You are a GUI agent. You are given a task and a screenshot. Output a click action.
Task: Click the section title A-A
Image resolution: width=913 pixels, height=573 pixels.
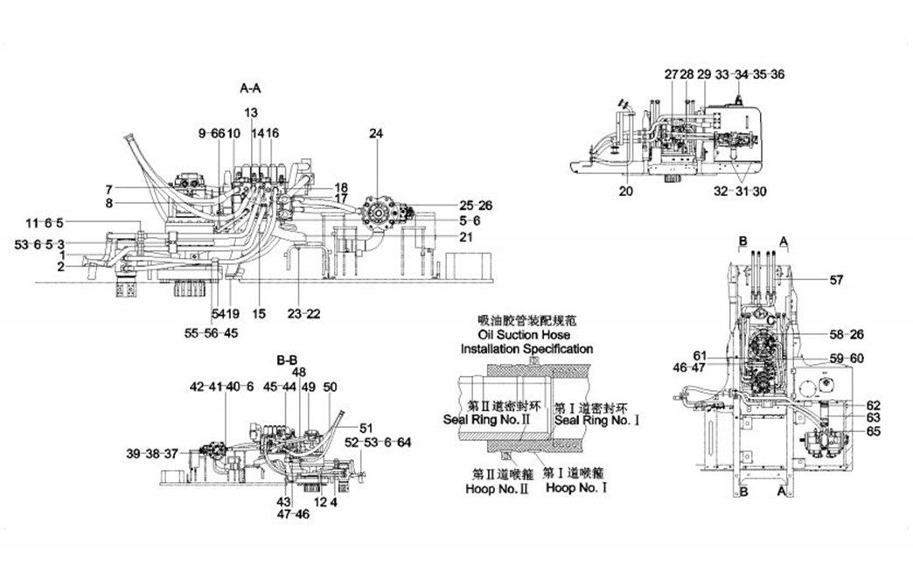[x=250, y=87]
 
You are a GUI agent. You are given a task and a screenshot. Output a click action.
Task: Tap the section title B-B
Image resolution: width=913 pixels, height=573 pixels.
[x=287, y=360]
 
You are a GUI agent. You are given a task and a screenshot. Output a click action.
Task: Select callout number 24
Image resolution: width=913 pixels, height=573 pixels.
[x=376, y=134]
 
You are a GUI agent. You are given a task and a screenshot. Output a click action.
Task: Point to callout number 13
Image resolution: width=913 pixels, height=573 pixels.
[x=251, y=112]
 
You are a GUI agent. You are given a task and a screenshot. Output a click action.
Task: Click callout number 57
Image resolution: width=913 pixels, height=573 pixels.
[x=837, y=280]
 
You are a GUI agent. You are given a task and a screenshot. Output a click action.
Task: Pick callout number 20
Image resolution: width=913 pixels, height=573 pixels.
[x=625, y=191]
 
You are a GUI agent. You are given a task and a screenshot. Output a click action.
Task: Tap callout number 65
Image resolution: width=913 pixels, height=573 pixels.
[x=874, y=430]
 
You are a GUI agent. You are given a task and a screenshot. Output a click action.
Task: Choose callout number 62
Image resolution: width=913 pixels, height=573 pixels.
[x=874, y=405]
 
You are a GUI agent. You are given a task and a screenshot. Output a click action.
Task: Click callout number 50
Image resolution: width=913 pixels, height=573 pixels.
[x=330, y=386]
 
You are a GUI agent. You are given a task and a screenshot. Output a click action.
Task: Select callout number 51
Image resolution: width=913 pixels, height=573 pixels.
[x=366, y=427]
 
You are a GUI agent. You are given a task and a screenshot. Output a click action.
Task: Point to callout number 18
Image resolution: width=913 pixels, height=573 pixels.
[x=341, y=187]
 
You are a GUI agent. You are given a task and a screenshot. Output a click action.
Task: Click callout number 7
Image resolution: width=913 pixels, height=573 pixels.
[x=108, y=189]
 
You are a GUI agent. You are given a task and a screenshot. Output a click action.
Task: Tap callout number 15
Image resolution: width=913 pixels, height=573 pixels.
[x=259, y=313]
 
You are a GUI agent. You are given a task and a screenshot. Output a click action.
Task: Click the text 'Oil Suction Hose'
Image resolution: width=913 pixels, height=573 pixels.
[x=524, y=335]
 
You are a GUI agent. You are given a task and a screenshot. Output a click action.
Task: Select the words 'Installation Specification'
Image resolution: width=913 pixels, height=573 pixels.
[x=526, y=348]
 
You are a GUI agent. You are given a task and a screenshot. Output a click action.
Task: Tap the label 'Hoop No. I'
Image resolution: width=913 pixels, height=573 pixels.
[x=576, y=487]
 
